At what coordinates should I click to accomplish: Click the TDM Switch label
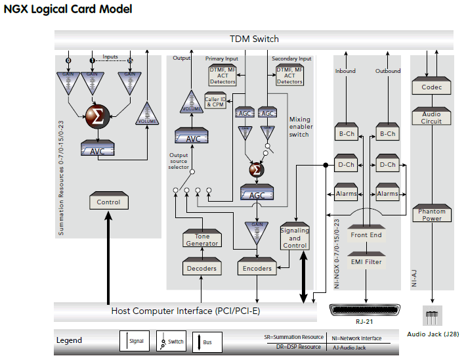254,39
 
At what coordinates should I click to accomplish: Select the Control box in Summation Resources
108,202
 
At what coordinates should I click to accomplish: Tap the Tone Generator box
201,240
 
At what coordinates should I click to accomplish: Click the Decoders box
201,268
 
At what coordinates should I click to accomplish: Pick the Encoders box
257,268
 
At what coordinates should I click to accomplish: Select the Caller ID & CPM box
215,102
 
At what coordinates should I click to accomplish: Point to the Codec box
431,87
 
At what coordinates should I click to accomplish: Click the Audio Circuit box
431,117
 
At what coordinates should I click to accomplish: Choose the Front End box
366,235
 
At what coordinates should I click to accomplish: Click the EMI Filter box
366,262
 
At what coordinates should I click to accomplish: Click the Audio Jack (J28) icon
432,317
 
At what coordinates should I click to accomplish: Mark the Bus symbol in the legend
200,341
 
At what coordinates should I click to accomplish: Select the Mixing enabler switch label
300,127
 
